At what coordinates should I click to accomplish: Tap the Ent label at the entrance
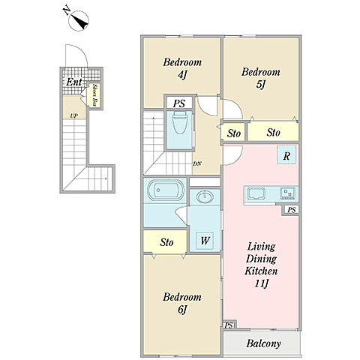coord(74,82)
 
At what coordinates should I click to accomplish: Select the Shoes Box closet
coord(94,95)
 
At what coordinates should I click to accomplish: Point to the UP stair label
coord(74,115)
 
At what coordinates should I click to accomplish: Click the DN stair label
coord(197,164)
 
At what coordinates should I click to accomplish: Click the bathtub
coord(164,190)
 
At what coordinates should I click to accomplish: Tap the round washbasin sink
coord(205,196)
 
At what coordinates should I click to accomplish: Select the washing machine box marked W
coord(205,241)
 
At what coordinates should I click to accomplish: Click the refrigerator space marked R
coord(286,154)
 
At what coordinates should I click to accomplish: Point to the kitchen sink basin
coord(256,193)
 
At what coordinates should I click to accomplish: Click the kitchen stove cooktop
coord(288,193)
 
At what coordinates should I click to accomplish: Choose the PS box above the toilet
coord(179,103)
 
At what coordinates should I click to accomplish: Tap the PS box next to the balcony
coord(229,325)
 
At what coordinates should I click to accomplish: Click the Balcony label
coord(263,343)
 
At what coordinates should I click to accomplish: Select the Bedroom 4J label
coord(182,68)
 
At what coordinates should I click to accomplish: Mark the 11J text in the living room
coord(262,283)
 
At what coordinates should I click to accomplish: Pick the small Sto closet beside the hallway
coord(234,133)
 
